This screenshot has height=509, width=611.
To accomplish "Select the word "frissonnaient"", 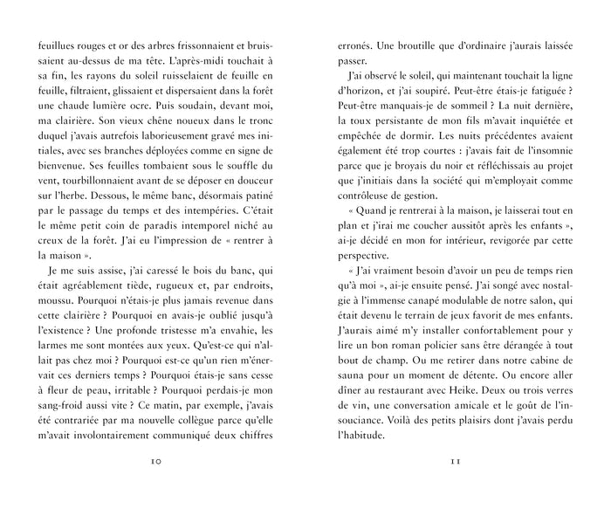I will tap(187, 42).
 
